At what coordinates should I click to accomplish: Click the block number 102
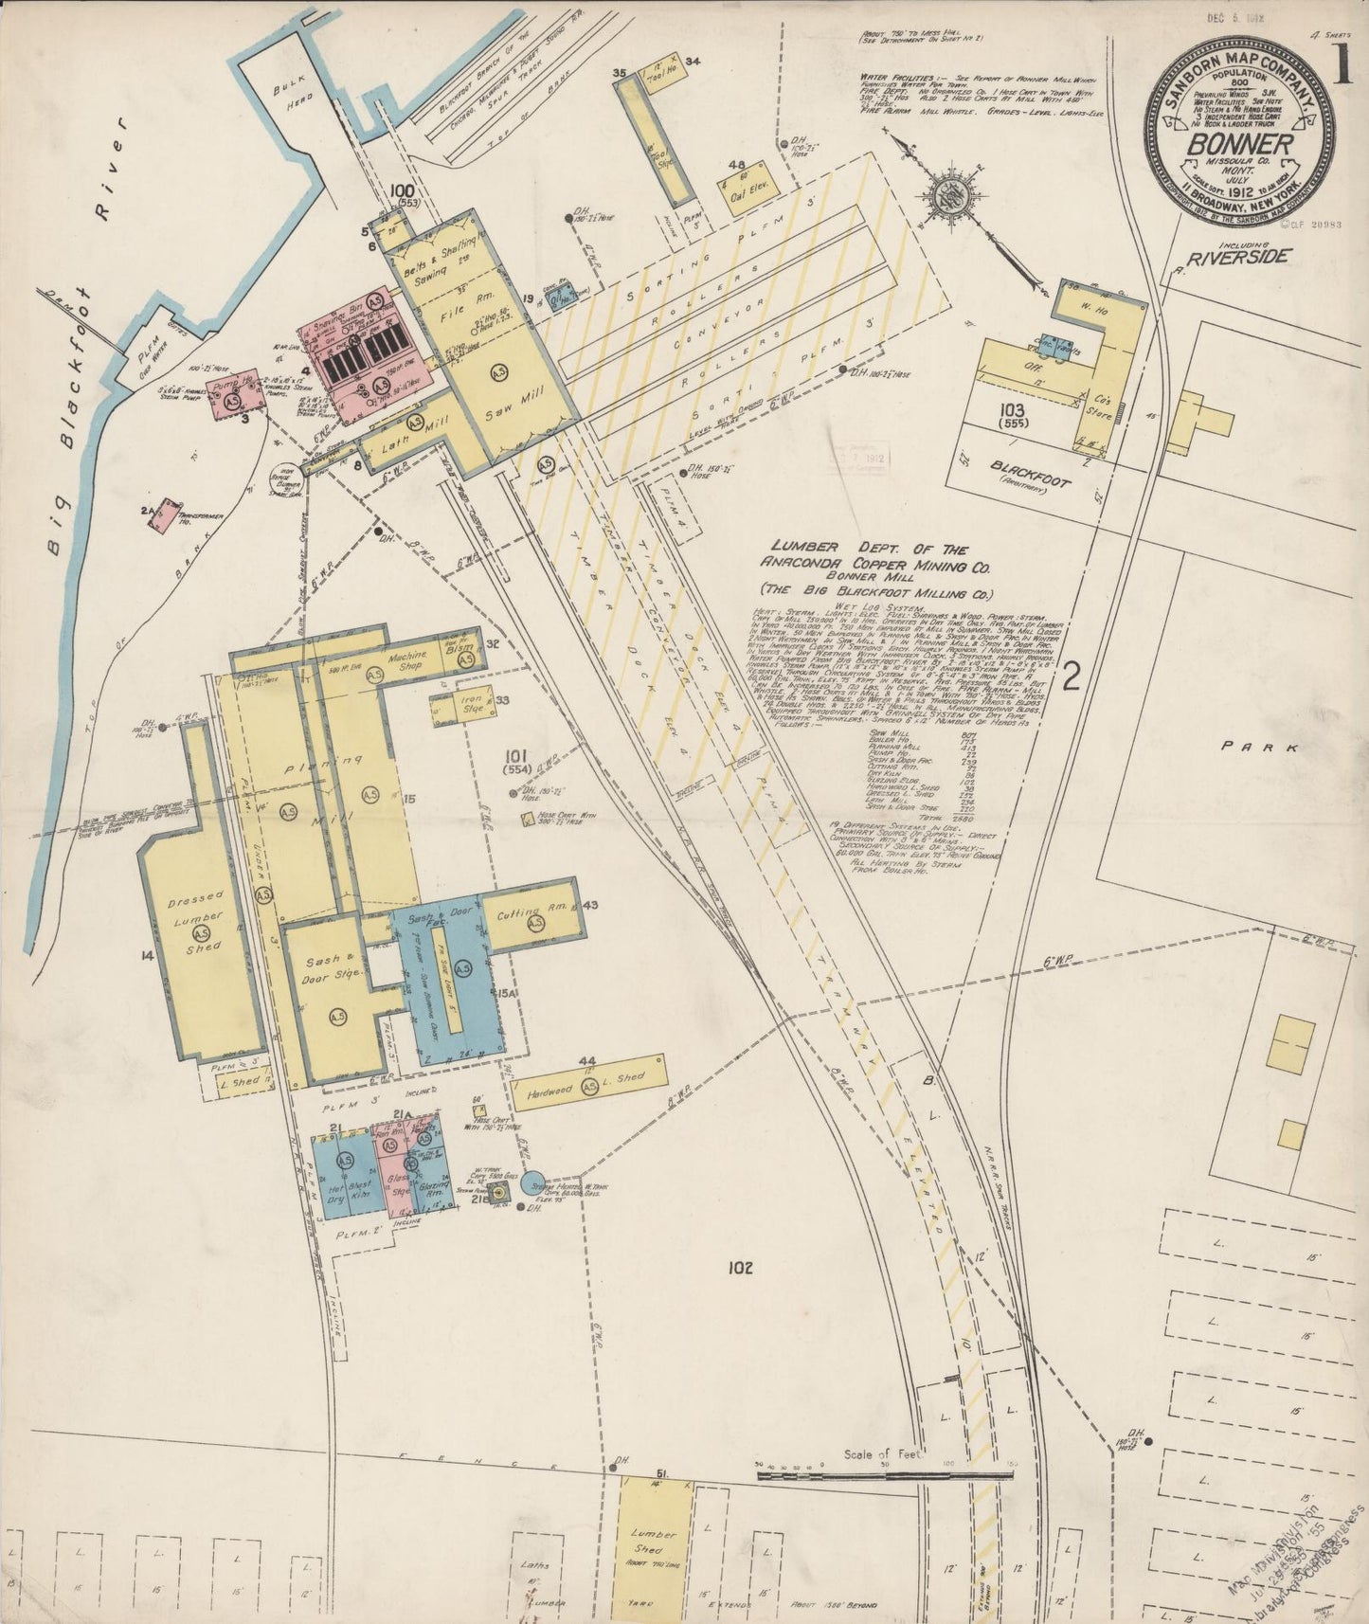tap(741, 1267)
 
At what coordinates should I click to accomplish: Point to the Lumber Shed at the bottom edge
tap(656, 1540)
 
